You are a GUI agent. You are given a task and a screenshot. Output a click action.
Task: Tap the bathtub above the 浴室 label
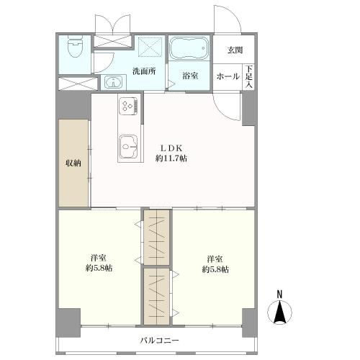(x=189, y=48)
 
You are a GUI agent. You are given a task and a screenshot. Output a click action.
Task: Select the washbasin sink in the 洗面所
(x=113, y=82)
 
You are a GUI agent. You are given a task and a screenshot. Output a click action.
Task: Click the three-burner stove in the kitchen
(x=128, y=106)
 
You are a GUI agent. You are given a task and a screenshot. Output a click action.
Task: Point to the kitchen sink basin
(x=127, y=146)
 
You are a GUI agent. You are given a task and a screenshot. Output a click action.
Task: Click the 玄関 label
(x=235, y=50)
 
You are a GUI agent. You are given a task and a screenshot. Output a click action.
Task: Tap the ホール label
(x=228, y=76)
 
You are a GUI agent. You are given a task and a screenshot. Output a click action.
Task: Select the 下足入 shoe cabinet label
(x=249, y=76)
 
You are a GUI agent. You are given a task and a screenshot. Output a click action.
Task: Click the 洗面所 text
(x=144, y=71)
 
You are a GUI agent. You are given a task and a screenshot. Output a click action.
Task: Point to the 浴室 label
(x=190, y=76)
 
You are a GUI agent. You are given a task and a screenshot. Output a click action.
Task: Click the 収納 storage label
(x=73, y=163)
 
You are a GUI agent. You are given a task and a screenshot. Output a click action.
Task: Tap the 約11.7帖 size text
(x=171, y=158)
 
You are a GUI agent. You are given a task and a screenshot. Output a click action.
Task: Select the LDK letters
(x=171, y=148)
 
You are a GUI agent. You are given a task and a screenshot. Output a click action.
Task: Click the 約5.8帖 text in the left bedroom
(x=99, y=268)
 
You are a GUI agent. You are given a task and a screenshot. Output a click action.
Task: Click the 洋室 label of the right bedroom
(x=215, y=259)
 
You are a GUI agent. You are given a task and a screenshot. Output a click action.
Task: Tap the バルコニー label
(x=160, y=341)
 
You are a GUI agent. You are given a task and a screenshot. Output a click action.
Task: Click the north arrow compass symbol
(x=279, y=312)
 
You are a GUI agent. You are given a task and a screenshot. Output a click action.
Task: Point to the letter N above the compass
(x=279, y=294)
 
